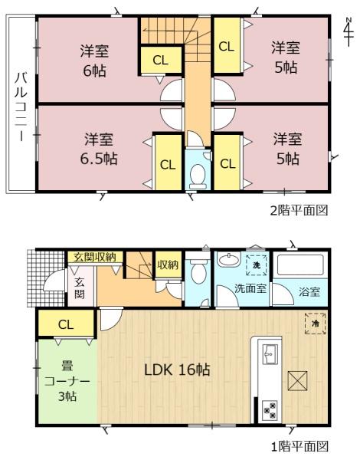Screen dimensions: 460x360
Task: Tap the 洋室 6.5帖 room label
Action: click(100, 149)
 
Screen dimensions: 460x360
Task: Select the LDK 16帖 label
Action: click(178, 370)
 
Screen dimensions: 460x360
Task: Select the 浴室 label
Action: click(309, 291)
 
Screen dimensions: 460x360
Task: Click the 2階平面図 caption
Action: click(297, 209)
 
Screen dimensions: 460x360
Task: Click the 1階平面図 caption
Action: click(297, 445)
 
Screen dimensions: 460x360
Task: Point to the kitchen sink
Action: click(270, 354)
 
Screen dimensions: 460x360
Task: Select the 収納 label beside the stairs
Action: click(168, 264)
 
